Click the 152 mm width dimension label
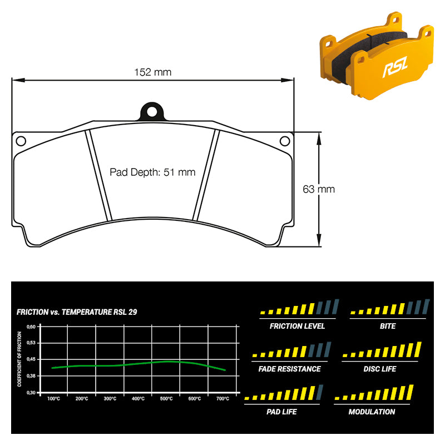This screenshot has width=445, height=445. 152,72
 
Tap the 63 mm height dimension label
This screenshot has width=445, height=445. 319,189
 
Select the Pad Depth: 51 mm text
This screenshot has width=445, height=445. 152,172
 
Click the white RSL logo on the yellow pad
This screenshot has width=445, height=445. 395,67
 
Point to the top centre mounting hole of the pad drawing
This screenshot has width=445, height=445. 152,112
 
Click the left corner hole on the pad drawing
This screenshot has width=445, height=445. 21,141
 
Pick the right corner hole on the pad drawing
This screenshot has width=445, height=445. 285,141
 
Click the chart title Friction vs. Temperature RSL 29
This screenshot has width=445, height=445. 77,312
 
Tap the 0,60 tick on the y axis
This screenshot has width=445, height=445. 31,327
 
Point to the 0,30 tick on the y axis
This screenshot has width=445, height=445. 31,393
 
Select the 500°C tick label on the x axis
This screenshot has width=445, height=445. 166,399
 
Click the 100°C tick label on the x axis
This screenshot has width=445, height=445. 53,399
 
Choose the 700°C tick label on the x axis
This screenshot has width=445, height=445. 223,399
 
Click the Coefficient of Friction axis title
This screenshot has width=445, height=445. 19,359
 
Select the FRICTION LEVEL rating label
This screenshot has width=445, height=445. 297,326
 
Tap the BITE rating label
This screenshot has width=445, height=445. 388,326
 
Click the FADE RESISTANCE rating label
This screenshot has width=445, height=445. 289,369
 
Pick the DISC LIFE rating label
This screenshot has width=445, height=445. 380,369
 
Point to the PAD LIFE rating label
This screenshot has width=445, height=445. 281,412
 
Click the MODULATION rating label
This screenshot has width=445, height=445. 372,412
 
